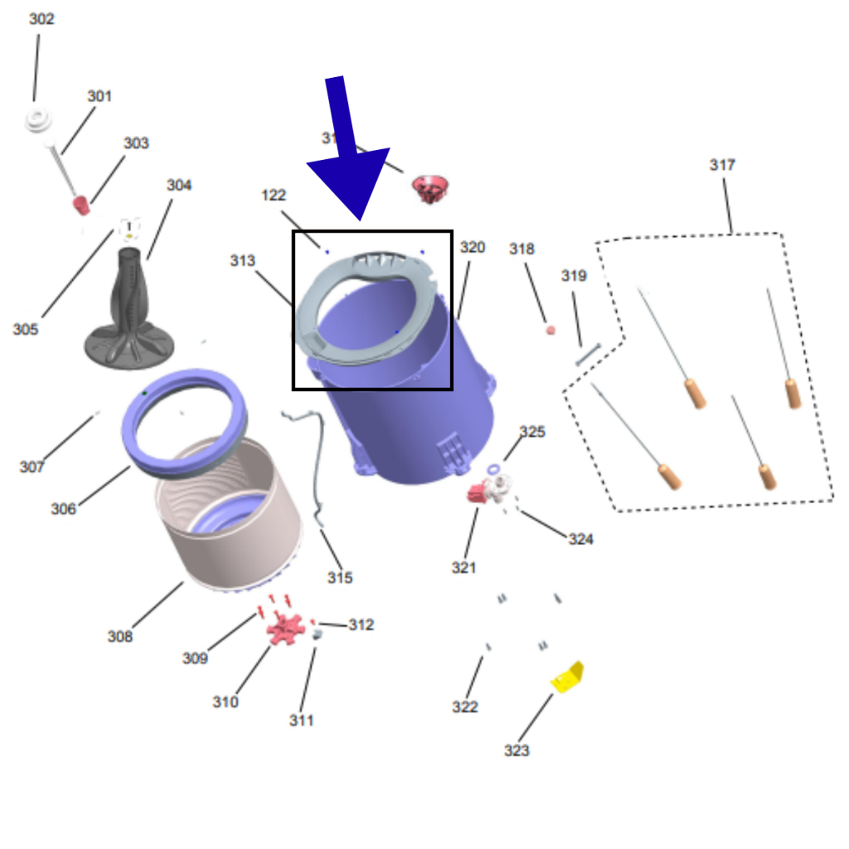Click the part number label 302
point(41,19)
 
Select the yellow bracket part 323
point(568,677)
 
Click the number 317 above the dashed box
point(722,165)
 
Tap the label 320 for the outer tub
point(472,247)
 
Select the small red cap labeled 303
point(81,204)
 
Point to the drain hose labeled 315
point(311,464)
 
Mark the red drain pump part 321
point(478,493)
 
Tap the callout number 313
point(243,261)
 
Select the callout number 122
point(274,196)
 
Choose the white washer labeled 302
point(38,121)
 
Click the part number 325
point(532,432)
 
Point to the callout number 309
point(195,658)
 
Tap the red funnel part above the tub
point(429,189)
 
